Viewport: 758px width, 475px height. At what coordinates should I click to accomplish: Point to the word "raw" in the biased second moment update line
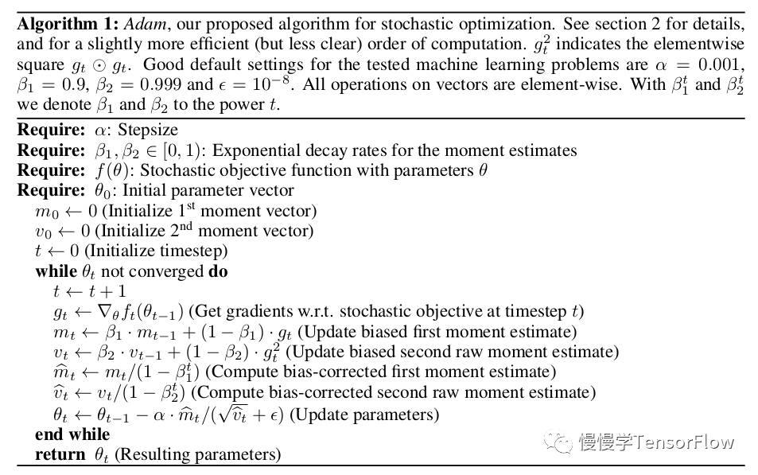[446, 352]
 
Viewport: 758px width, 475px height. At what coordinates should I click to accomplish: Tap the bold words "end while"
[72, 434]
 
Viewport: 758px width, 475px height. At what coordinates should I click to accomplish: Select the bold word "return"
[60, 455]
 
